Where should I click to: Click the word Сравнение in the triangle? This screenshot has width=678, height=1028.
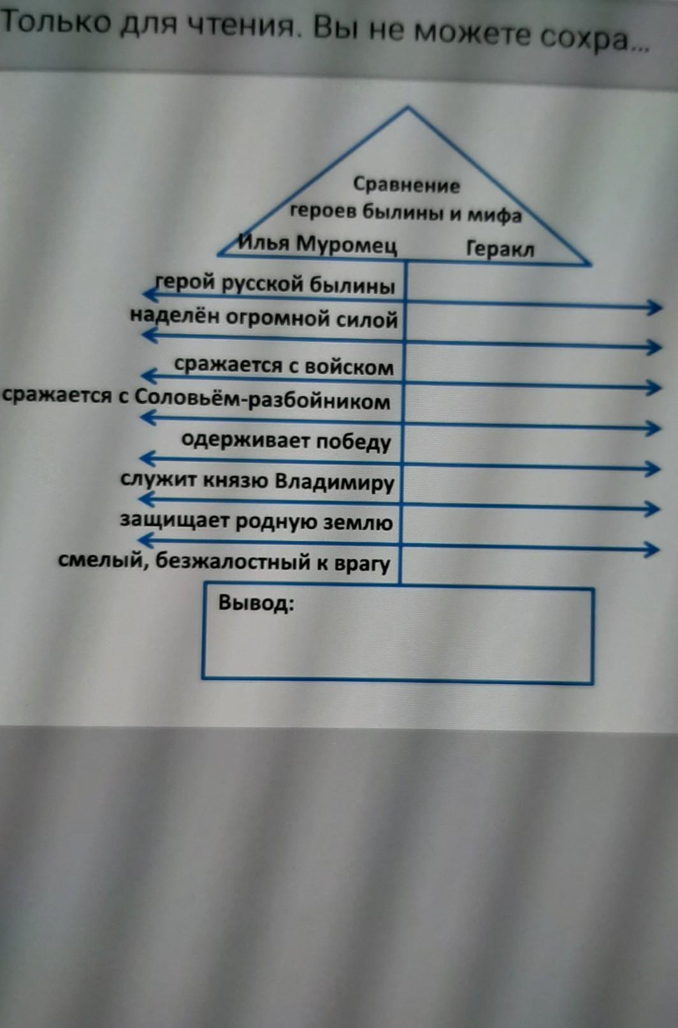[x=406, y=185]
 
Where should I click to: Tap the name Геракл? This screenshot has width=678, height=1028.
[x=500, y=249]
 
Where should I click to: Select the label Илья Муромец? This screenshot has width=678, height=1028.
[x=318, y=245]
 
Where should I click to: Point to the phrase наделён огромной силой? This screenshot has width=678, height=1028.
[x=264, y=317]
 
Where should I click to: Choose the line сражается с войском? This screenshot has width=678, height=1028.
[x=284, y=366]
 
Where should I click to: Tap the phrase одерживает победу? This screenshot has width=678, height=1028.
[x=286, y=441]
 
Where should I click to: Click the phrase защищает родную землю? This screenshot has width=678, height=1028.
[x=256, y=521]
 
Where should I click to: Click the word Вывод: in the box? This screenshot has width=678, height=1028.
[x=256, y=602]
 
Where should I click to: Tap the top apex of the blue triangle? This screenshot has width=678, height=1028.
[x=407, y=108]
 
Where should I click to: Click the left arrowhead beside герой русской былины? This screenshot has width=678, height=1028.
[x=150, y=294]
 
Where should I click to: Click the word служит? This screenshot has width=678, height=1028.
[x=158, y=480]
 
